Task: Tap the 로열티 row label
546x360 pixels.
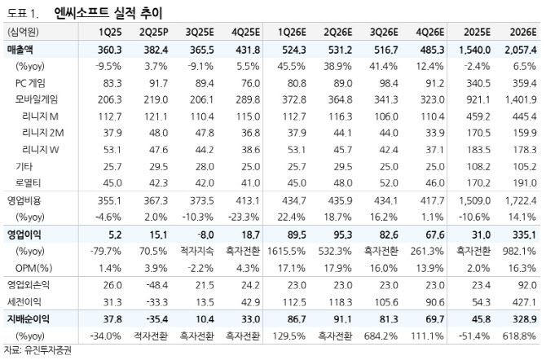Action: [x=29, y=182]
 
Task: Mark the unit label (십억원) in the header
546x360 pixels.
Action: [x=23, y=33]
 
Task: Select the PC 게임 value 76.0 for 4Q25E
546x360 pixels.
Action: [x=247, y=82]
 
